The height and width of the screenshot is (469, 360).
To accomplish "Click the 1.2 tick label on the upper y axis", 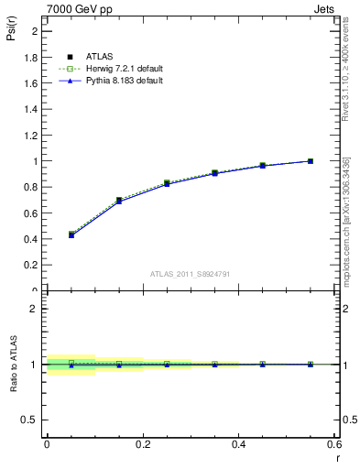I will (30, 136).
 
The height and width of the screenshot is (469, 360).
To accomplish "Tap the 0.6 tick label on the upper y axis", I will (30, 213).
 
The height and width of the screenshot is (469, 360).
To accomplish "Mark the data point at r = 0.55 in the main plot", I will (311, 161).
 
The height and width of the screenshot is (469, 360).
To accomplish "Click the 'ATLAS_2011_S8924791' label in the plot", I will (191, 274).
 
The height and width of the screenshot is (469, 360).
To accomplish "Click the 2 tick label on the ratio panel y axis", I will (34, 309).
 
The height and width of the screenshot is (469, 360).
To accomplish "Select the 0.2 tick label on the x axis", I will (143, 443).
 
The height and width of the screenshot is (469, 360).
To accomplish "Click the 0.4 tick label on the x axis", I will (238, 443).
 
